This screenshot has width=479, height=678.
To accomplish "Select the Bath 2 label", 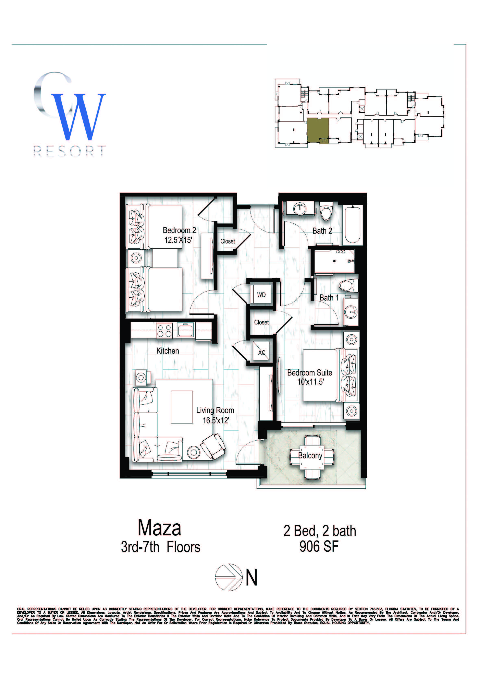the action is pos(322,231).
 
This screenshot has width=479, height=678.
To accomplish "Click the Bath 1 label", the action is pos(329,298).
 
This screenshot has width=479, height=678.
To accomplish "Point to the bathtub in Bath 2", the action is pos(352,224).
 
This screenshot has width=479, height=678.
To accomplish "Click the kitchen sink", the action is pos(186,330).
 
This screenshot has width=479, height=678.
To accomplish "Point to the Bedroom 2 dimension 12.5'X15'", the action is pos(178,240).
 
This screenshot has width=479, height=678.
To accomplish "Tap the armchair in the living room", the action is pos(213,446).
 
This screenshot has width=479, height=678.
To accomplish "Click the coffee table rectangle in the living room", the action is pos(182,407).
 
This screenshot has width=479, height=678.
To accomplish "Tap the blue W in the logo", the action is pos(78,117).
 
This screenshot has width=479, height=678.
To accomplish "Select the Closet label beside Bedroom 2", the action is pos(228,241).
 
